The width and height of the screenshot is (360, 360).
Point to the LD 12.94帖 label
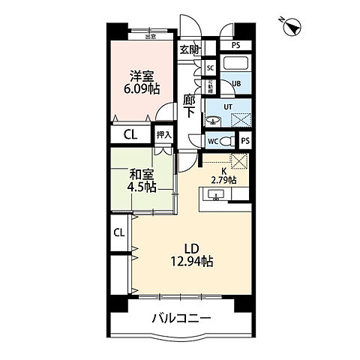(190, 254)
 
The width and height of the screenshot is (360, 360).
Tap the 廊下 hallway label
(190, 105)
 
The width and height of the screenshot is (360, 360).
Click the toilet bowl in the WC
(226, 139)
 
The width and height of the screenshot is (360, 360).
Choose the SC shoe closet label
(210, 67)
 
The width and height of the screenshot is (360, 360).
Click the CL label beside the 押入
(129, 136)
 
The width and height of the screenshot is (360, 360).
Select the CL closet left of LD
(119, 232)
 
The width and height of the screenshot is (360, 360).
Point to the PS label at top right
(236, 45)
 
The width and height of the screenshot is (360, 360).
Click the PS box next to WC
(246, 139)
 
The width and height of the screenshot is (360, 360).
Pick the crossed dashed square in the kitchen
(238, 160)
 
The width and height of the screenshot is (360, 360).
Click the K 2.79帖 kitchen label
(224, 176)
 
